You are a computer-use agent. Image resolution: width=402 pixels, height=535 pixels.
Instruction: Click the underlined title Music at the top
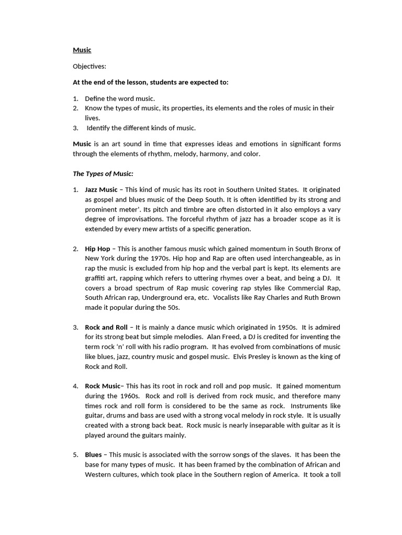pyautogui.click(x=82, y=50)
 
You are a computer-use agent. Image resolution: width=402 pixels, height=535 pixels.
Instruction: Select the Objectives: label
pyautogui.click(x=89, y=66)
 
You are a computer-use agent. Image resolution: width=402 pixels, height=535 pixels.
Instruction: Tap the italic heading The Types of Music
pyautogui.click(x=103, y=173)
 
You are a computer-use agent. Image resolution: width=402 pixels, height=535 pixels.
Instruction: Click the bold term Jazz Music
pyautogui.click(x=101, y=190)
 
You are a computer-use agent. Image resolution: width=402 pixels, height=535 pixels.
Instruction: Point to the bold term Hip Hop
pyautogui.click(x=97, y=249)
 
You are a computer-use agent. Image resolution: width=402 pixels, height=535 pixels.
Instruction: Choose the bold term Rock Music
pyautogui.click(x=103, y=386)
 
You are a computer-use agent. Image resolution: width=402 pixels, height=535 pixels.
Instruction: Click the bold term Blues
pyautogui.click(x=93, y=455)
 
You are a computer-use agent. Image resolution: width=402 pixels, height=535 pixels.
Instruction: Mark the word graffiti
pyautogui.click(x=97, y=278)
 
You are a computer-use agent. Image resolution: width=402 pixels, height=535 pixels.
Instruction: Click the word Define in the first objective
pyautogui.click(x=95, y=98)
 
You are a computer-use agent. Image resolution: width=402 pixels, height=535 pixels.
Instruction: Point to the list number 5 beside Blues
pyautogui.click(x=75, y=455)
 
